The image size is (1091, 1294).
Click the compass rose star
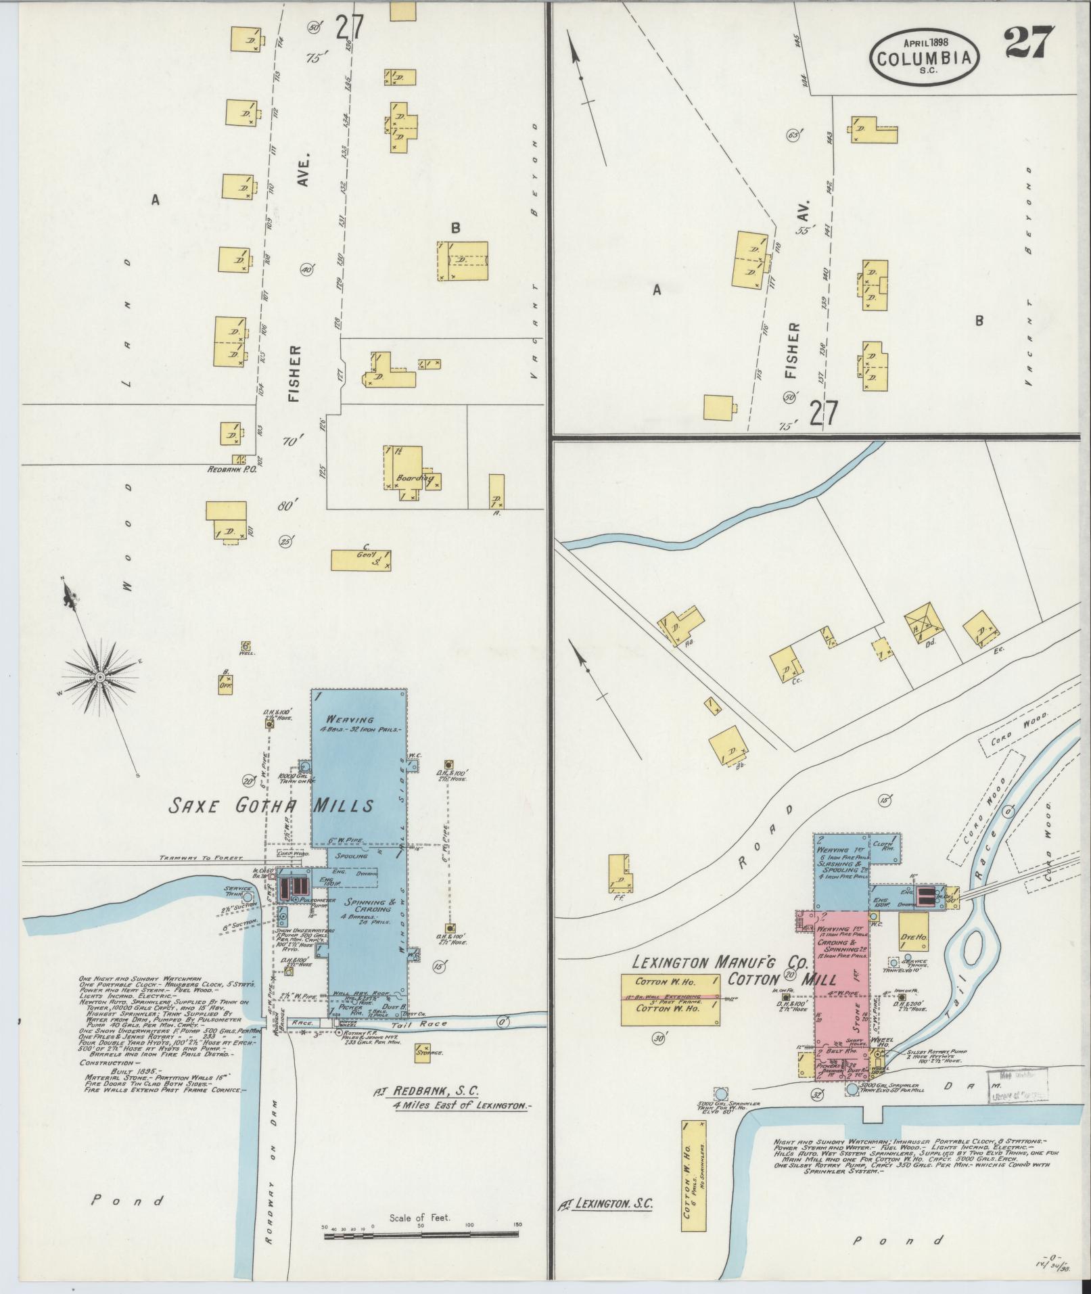(100, 676)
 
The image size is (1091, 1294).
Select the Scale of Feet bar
(420, 1235)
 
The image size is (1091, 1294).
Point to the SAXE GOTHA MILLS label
(271, 806)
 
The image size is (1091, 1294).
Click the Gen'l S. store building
(361, 559)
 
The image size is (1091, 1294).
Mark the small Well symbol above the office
(246, 647)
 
